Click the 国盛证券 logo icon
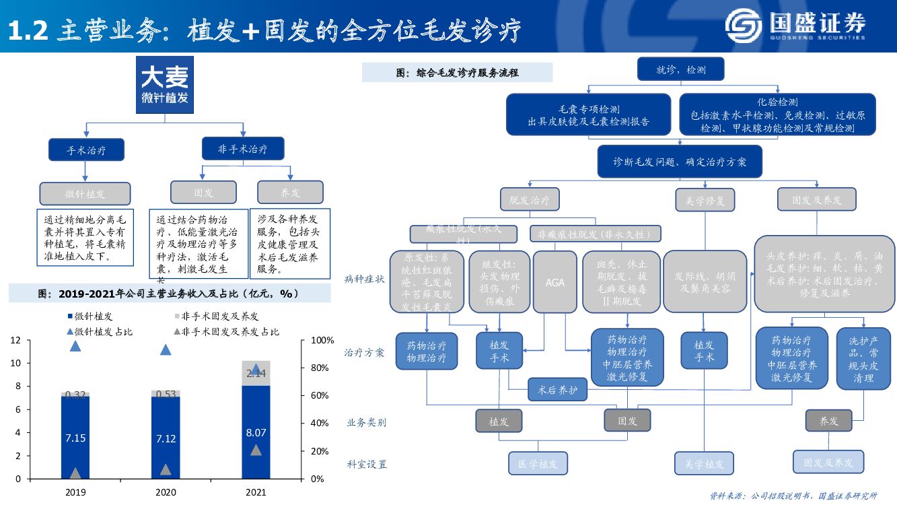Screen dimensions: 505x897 point(744,26)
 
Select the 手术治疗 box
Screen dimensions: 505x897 point(86,149)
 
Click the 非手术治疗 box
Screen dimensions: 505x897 point(242,148)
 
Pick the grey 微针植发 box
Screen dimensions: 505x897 point(85,193)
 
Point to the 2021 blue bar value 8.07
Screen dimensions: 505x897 point(256,433)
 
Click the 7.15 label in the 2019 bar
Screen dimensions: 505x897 point(75,438)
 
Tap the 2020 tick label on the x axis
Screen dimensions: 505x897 point(166,492)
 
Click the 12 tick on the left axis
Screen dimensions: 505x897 point(15,341)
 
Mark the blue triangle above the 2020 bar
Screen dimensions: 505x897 point(166,349)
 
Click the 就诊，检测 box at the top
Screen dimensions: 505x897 point(681,69)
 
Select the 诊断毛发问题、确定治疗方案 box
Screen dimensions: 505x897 point(680,162)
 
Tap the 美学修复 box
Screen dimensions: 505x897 point(705,200)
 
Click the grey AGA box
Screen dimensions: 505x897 point(555,282)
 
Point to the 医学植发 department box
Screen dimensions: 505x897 point(538,463)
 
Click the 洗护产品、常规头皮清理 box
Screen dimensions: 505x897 point(863,359)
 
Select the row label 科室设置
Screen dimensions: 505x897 point(367,464)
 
